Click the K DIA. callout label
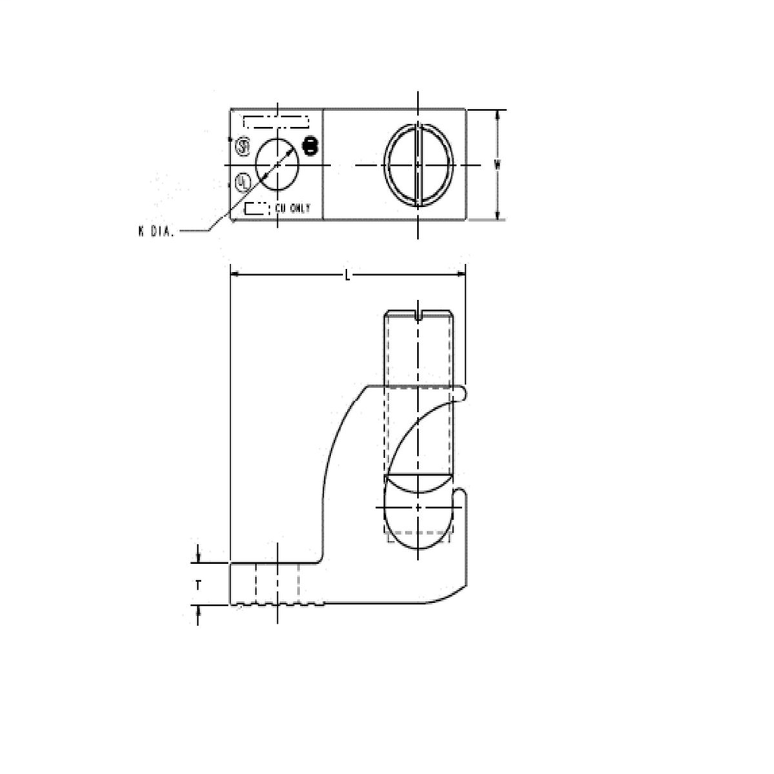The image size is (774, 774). tap(156, 232)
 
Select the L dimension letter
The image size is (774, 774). tap(347, 275)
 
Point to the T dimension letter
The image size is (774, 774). tap(197, 584)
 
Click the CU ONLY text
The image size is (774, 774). tap(292, 208)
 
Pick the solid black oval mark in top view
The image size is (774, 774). tap(308, 146)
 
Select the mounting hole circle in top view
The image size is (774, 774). tap(277, 165)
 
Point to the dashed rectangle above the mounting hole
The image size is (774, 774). tap(276, 122)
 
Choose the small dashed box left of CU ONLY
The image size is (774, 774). tap(255, 208)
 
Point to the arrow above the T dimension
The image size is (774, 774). tap(198, 558)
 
